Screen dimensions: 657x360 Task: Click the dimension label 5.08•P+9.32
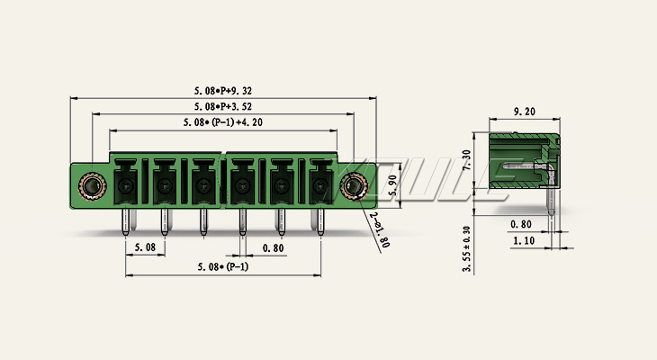[223, 91]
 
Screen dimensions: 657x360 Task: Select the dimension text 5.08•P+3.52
[223, 106]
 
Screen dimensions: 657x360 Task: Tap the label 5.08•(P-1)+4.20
[223, 122]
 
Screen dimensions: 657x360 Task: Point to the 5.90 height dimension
[392, 185]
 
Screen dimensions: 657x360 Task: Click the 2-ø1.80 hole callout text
[379, 229]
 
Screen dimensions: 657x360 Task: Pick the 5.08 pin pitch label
[145, 247]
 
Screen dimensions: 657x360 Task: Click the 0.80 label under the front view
[274, 248]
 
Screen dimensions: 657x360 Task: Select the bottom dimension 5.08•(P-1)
[223, 266]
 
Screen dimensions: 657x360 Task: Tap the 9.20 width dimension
[525, 112]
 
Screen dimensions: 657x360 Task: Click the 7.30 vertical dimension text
[466, 159]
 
